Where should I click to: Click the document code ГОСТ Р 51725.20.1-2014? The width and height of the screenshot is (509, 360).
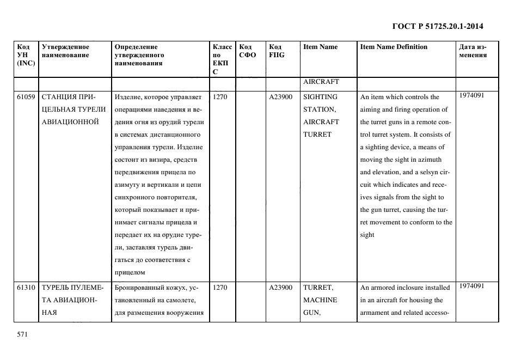438,26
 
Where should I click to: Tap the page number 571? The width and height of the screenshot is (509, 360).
22,334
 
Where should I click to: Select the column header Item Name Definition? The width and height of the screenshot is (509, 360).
394,47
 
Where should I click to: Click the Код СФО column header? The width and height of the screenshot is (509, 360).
247,51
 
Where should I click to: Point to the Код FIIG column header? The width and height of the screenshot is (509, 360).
276,51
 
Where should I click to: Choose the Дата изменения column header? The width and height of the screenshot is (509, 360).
473,51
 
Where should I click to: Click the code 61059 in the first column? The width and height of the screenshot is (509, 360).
26,97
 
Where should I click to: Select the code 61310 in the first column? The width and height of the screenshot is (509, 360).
26,288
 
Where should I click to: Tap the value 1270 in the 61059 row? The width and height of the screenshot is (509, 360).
220,97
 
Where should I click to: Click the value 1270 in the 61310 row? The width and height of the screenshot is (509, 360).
220,288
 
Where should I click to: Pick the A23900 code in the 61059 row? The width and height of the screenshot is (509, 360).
281,97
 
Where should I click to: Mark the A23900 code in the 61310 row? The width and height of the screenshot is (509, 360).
281,288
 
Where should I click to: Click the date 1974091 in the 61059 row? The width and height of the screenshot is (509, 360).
471,95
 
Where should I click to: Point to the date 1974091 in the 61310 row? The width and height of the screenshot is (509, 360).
471,286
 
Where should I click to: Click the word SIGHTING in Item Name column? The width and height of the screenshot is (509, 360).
320,97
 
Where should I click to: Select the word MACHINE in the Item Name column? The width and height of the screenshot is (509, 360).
320,300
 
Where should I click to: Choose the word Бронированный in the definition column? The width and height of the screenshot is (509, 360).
141,288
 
